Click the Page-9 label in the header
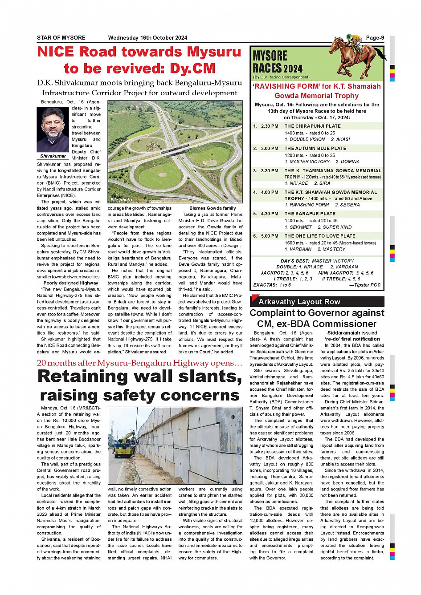(375, 38)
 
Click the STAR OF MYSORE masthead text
(61, 38)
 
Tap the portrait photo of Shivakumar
(53, 130)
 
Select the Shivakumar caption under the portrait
(53, 156)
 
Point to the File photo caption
(121, 200)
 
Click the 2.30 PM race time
(270, 126)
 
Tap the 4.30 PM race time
(270, 214)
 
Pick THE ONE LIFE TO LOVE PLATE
(320, 236)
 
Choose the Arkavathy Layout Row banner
(299, 302)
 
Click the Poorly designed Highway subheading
(71, 283)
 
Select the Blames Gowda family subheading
(213, 208)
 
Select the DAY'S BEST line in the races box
(317, 261)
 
